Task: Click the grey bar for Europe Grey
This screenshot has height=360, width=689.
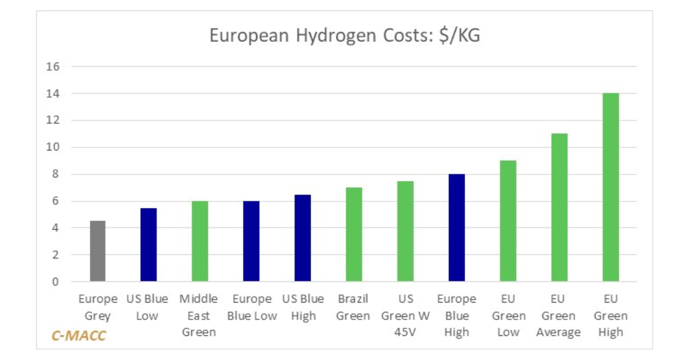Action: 97,251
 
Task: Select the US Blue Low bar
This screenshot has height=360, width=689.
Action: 149,245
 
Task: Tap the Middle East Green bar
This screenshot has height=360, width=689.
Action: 200,242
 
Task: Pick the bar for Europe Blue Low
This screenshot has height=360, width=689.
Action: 251,242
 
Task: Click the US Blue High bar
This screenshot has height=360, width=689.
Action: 303,238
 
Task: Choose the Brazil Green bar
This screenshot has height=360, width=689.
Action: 354,235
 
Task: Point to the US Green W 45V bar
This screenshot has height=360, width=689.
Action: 405,231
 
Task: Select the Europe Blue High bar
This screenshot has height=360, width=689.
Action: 456,228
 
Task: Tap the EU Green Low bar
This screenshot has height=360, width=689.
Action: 508,221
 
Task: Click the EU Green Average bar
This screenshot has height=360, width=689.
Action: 559,208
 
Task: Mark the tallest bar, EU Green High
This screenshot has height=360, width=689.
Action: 610,188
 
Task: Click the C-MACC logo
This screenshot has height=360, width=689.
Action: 79,336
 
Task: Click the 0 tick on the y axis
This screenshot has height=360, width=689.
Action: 56,282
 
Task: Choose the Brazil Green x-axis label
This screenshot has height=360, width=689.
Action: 354,307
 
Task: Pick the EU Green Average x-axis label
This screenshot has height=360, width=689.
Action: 559,316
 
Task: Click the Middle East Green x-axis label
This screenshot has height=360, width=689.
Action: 199,316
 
